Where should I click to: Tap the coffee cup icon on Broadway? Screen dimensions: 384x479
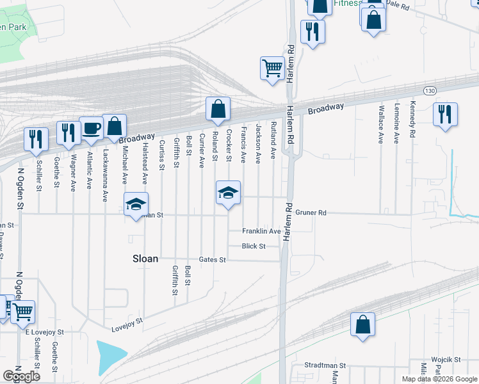(90, 127)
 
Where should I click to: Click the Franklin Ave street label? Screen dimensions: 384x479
(261, 231)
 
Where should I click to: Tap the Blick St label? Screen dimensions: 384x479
(253, 246)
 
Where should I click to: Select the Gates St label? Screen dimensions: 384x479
(213, 260)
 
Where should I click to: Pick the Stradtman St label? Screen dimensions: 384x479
(325, 366)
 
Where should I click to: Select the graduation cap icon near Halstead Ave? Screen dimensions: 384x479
(136, 204)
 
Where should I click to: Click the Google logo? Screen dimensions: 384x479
(22, 376)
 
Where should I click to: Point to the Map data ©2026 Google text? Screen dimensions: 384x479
(439, 379)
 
